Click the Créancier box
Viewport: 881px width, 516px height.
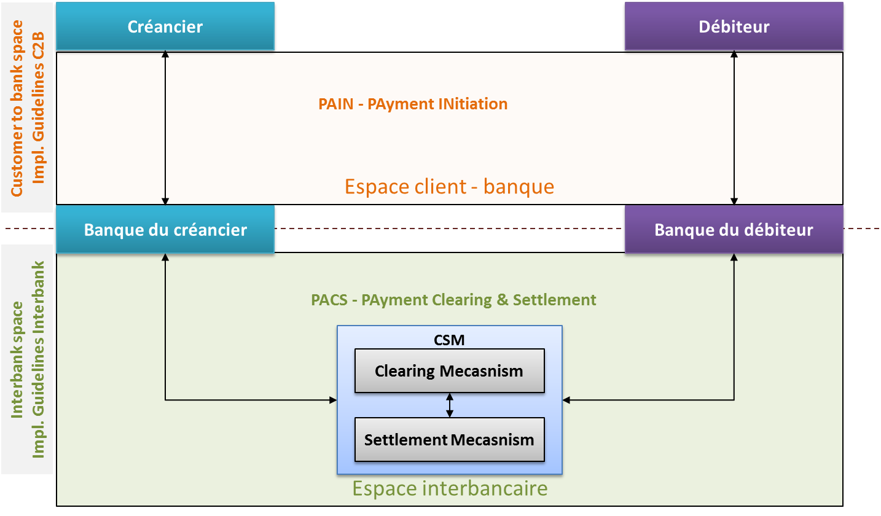pos(165,26)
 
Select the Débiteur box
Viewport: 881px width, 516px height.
pos(734,26)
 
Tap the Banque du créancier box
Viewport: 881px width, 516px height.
pos(165,230)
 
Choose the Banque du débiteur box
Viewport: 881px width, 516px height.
pos(734,230)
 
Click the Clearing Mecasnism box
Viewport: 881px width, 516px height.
pos(449,371)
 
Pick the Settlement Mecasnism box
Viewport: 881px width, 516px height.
pos(449,440)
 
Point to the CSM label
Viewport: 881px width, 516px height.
pos(449,340)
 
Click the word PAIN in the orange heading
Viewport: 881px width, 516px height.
pos(335,104)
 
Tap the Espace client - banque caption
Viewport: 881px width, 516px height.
pos(449,186)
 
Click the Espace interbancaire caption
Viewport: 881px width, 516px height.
pos(449,488)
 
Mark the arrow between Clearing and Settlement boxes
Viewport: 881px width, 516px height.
pos(450,405)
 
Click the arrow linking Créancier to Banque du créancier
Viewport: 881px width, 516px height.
pos(165,128)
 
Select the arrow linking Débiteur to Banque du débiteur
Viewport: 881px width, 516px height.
pos(734,128)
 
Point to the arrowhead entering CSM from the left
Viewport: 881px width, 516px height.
pos(334,401)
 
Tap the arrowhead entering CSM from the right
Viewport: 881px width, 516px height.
pos(566,401)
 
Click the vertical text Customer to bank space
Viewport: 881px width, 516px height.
pos(17,108)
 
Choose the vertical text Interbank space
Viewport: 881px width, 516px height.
pos(17,359)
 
